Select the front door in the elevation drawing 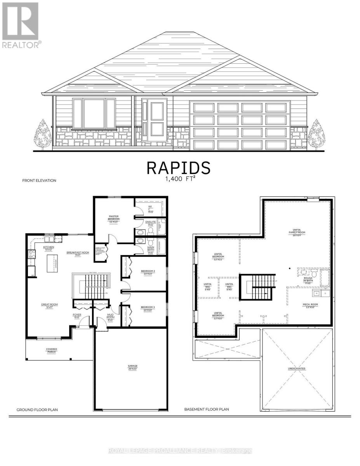tap(154, 120)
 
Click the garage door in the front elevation tap(240, 125)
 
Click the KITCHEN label tap(49, 248)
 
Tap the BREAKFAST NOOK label tap(78, 254)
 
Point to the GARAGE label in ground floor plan tap(133, 367)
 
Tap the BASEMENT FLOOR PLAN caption tap(207, 409)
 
